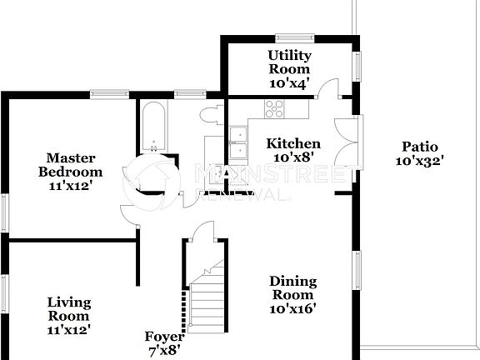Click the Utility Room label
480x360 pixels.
point(289,68)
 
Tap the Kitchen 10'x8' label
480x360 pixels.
point(292,150)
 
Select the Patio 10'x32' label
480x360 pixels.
point(420,154)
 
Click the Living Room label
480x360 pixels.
point(69,315)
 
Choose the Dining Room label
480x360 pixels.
point(292,294)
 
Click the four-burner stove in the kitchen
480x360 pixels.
point(274,107)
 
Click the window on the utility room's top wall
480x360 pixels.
point(295,37)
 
